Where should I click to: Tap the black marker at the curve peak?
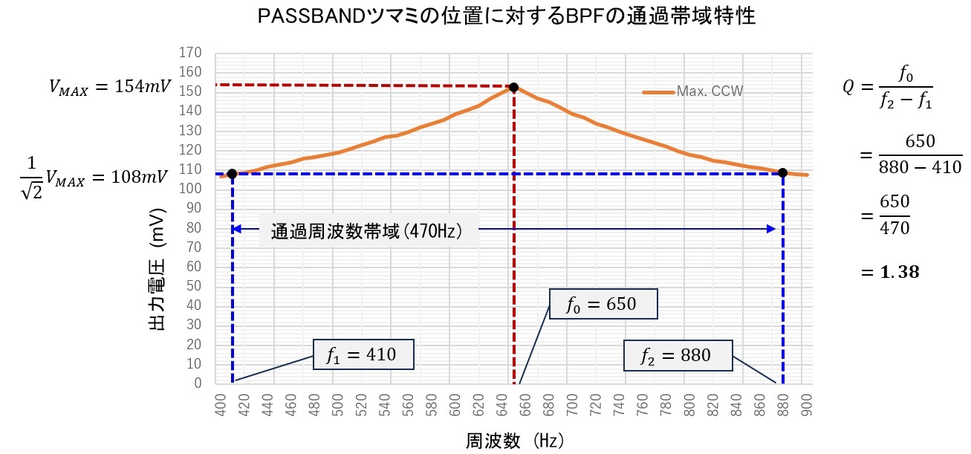click(x=513, y=88)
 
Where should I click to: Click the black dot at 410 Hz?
click(x=232, y=174)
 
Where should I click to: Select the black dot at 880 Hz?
click(x=782, y=173)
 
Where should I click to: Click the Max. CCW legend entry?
click(x=693, y=91)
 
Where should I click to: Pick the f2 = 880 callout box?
click(x=676, y=356)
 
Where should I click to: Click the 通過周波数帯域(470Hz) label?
click(x=367, y=231)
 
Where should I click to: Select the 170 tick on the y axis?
click(x=192, y=53)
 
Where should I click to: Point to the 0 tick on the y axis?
click(x=198, y=383)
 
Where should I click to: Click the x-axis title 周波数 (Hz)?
click(x=514, y=441)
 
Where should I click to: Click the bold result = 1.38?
click(x=890, y=273)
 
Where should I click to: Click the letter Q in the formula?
click(x=848, y=87)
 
